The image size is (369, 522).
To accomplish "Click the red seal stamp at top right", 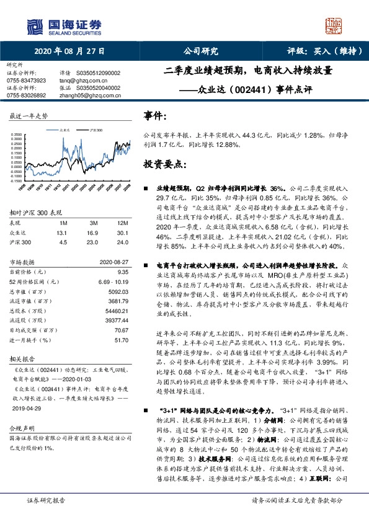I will click(x=334, y=25).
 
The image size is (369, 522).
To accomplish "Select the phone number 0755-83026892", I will click(x=26, y=95).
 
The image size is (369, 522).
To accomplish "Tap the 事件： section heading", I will click(x=155, y=117).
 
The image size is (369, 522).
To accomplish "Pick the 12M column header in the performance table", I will click(x=122, y=223).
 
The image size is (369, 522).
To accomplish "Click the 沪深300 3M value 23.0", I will click(x=94, y=242).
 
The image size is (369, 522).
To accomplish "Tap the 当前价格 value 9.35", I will click(x=122, y=271).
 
